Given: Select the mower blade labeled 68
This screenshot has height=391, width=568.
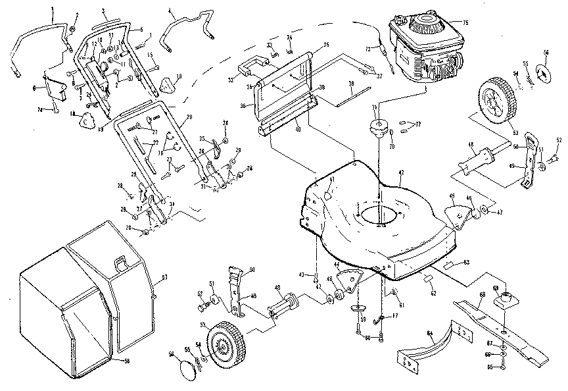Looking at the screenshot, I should point(500,329).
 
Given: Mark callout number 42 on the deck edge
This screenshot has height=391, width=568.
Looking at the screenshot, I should point(400,172).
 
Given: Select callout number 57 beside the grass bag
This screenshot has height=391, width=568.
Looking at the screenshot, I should point(164,278).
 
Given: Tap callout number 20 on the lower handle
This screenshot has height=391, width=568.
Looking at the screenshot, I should point(189,117).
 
